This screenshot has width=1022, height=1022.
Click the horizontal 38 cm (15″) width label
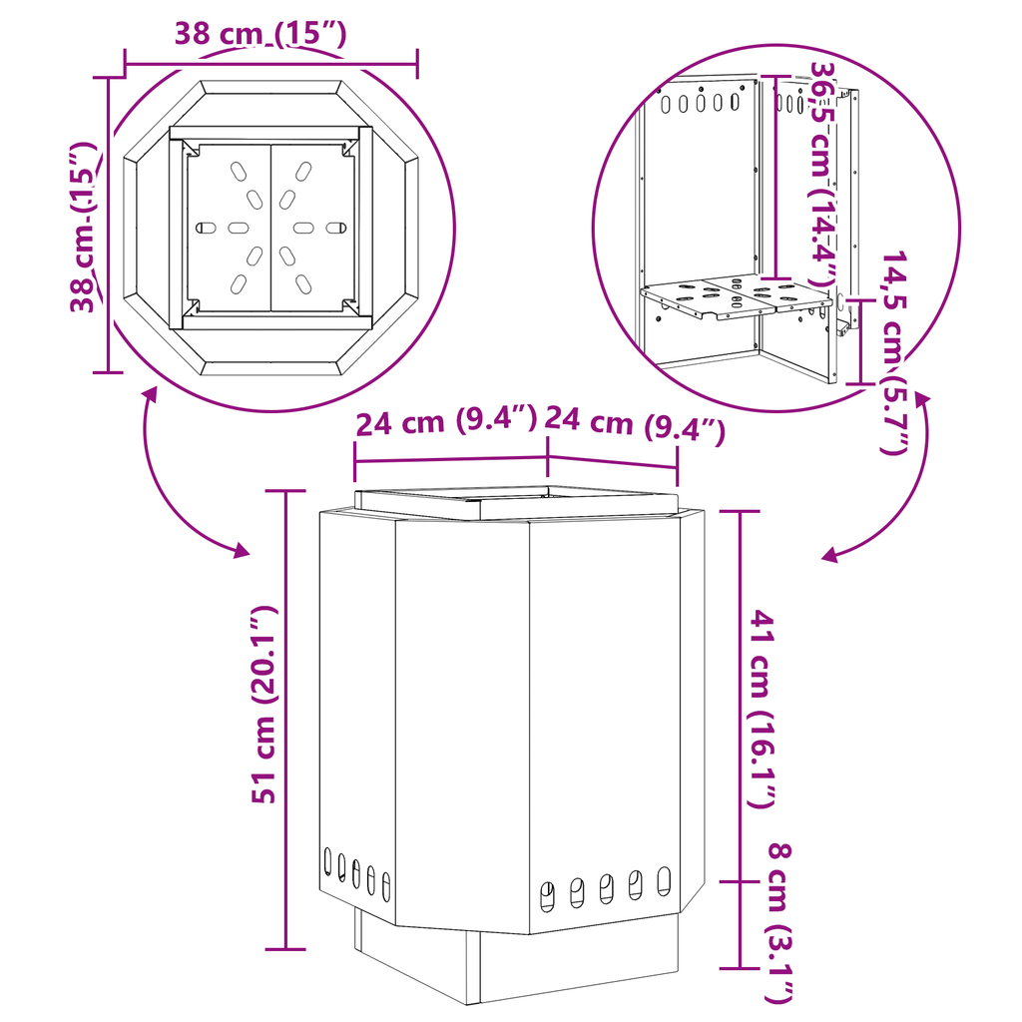coord(260,34)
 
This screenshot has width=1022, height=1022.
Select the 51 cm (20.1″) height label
coord(264,705)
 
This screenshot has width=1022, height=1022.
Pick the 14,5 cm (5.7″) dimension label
coord(893,352)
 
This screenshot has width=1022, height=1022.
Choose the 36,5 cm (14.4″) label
coord(823,174)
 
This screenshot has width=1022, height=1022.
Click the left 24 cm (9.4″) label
coord(446,421)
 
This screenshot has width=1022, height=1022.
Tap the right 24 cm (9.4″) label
coord(635,422)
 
